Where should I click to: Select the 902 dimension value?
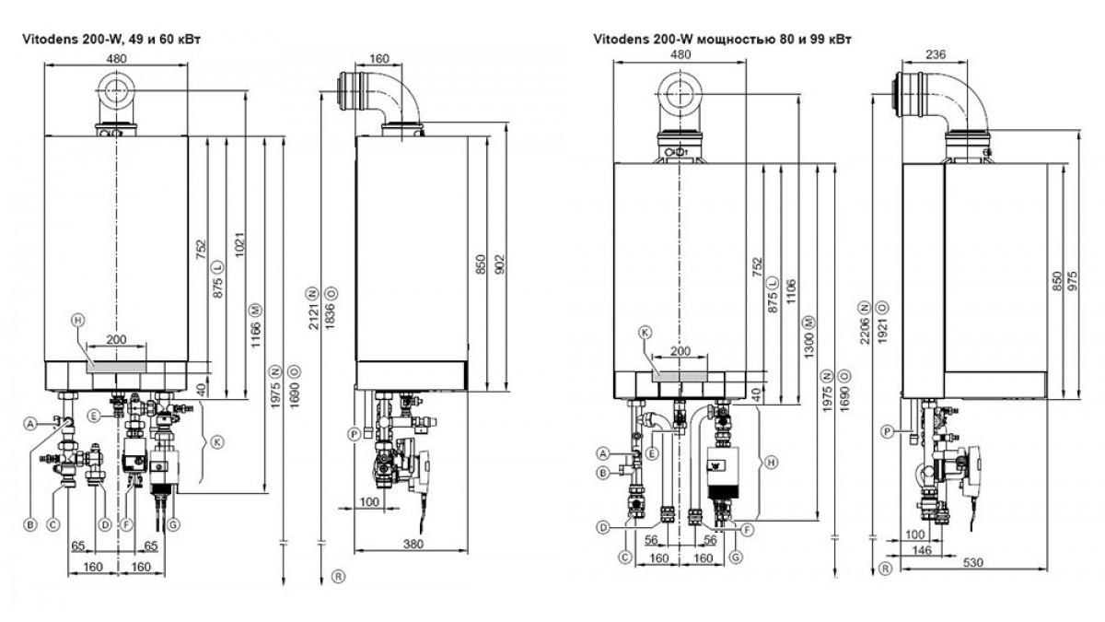(500, 264)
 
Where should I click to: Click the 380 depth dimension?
(413, 544)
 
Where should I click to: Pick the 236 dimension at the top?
(936, 54)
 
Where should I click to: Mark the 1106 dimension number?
(791, 292)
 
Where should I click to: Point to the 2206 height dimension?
(864, 330)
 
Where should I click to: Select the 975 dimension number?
(1073, 280)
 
